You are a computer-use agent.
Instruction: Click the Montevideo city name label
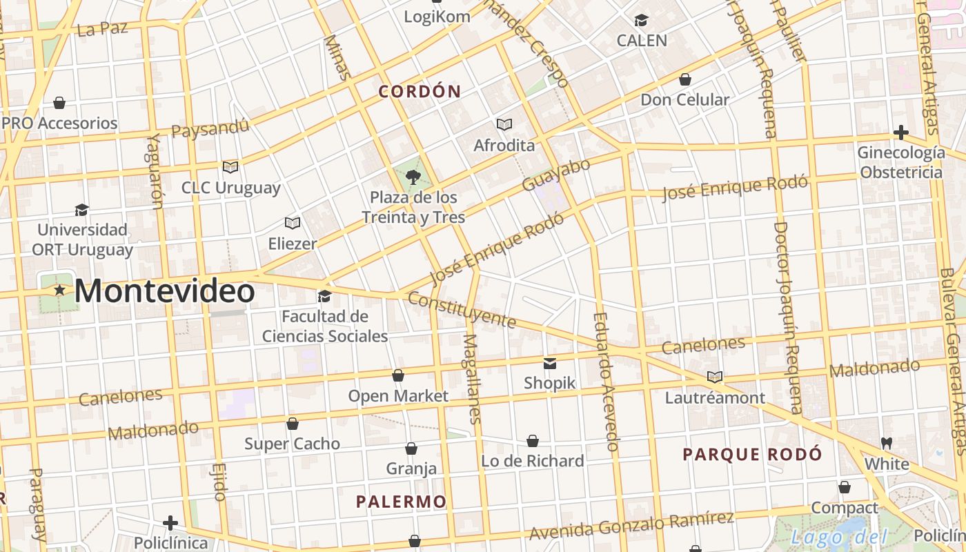[x=164, y=291]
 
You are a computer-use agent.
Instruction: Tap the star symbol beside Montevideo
[x=60, y=290]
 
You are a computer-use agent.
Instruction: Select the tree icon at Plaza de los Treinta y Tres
[x=413, y=177]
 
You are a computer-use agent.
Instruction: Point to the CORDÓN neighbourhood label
[x=420, y=91]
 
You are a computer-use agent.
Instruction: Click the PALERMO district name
[x=402, y=502]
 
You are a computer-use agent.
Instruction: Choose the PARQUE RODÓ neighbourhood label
[x=752, y=454]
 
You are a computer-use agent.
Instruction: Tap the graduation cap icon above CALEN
[x=642, y=20]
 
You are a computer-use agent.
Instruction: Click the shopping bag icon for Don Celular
[x=685, y=79]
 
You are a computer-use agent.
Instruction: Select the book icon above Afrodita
[x=504, y=124]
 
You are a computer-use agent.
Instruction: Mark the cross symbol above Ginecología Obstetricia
[x=900, y=132]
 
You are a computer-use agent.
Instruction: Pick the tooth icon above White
[x=887, y=442]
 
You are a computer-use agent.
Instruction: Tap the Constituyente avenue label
[x=462, y=310]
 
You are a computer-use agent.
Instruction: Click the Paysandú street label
[x=210, y=128]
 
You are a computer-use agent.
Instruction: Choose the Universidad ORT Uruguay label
[x=83, y=239]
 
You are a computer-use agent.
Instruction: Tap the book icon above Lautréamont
[x=715, y=377]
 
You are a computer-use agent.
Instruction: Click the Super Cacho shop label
[x=292, y=444]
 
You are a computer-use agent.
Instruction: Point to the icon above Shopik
[x=550, y=363]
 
